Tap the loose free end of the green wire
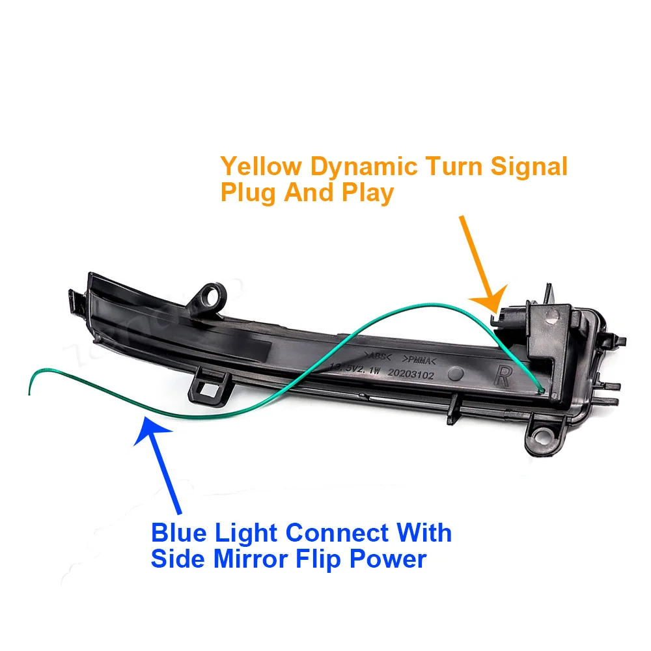point(29,393)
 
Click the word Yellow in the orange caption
point(260,167)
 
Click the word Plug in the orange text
point(248,193)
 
